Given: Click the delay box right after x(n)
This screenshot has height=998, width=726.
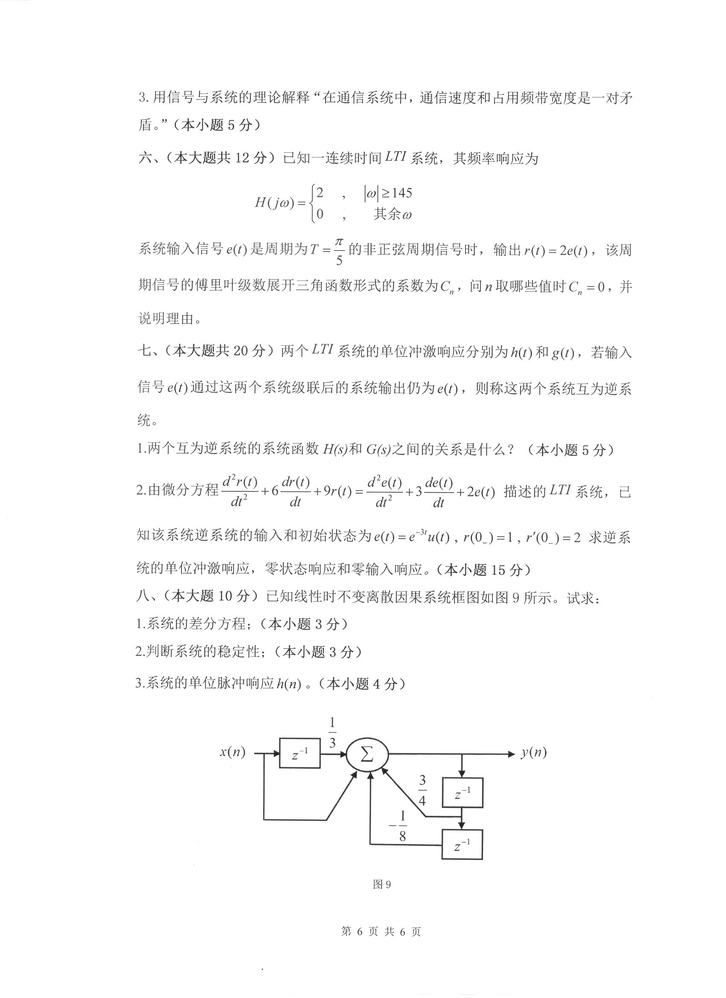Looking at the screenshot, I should [300, 755].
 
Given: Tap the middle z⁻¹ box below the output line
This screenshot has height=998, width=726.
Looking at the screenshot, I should [462, 793].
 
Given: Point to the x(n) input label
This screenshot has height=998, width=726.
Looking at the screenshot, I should [232, 752].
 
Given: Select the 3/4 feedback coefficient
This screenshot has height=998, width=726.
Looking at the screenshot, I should [422, 790].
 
